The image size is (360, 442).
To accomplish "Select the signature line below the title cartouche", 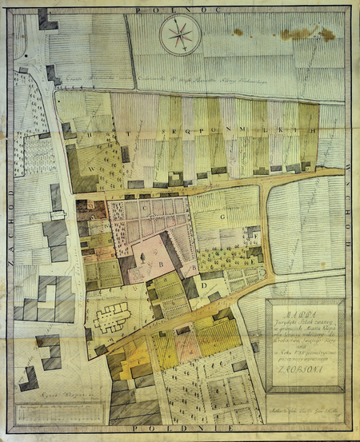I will point(304,405).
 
